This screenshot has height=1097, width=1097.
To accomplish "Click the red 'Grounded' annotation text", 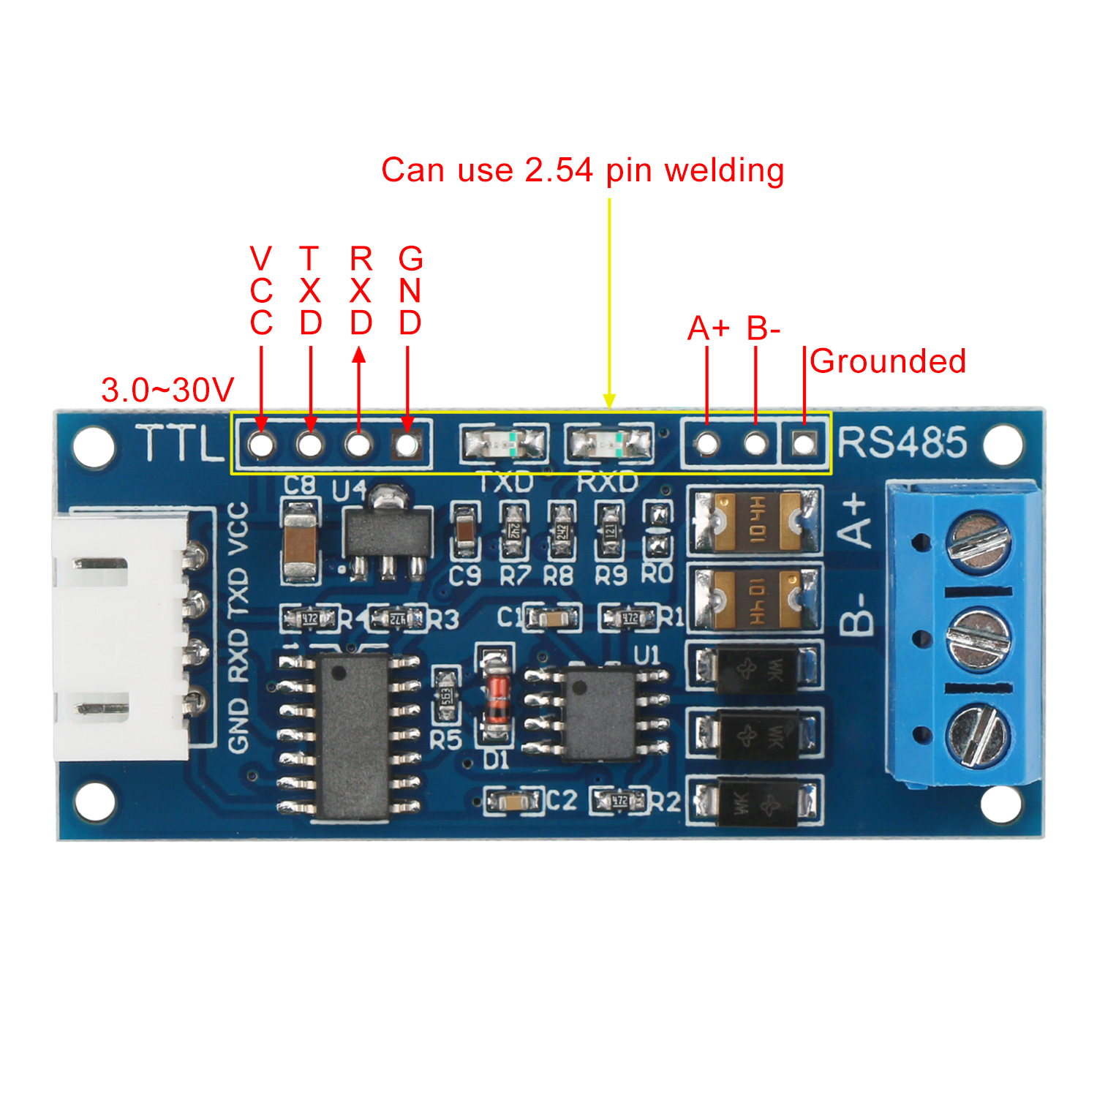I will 888,361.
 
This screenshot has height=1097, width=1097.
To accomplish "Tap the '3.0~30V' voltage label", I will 167,390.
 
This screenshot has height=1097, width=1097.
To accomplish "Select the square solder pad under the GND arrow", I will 407,443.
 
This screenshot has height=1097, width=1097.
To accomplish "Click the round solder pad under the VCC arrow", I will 261,443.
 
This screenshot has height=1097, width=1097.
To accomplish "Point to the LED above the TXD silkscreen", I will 503,443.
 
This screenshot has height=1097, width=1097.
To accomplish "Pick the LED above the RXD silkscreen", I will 609,443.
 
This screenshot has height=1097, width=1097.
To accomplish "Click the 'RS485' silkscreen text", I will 902,442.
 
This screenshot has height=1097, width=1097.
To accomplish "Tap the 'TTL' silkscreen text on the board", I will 180,443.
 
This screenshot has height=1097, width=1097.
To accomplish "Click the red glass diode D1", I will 497,698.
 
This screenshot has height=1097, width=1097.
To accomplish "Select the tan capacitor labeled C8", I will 300,541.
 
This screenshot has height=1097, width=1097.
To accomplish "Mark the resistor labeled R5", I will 445,695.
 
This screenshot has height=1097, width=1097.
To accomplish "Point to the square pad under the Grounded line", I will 804,443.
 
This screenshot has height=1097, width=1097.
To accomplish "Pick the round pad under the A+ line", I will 707,443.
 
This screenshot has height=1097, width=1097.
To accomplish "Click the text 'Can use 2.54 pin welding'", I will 582,170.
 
